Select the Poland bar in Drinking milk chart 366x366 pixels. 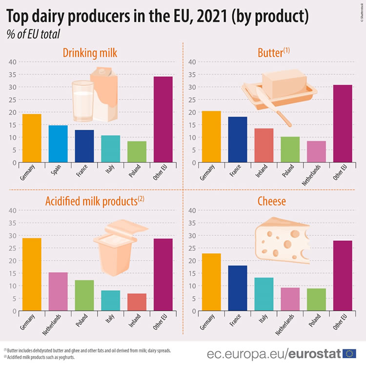click(137, 152)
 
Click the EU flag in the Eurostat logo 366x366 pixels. click(349, 353)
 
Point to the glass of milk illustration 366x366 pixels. click(82, 100)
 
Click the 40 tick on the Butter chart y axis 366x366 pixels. click(192, 62)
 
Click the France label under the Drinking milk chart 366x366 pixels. click(82, 173)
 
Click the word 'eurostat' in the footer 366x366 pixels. click(314, 353)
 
